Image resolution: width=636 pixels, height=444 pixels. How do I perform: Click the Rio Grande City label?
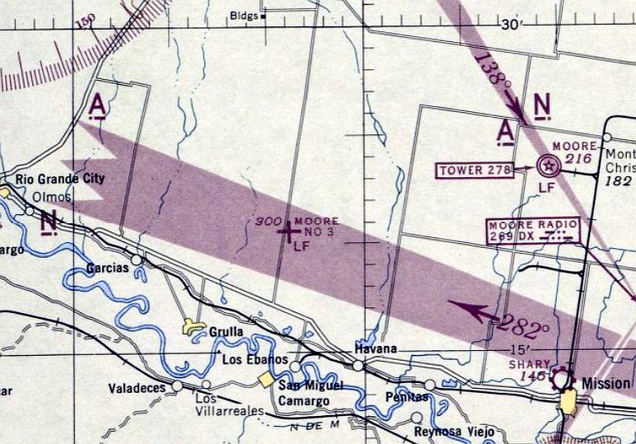click(60, 179)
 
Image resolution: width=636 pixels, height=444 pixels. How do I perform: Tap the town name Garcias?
click(107, 268)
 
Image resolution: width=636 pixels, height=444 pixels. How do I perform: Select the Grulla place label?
click(226, 331)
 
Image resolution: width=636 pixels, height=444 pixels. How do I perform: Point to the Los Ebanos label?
click(255, 360)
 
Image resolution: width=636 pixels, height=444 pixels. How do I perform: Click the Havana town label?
click(375, 349)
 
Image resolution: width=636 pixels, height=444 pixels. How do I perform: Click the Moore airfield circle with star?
click(548, 166)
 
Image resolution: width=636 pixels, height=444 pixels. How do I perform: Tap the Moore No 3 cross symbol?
click(287, 232)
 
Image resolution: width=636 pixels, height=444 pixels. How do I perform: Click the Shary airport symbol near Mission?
click(562, 379)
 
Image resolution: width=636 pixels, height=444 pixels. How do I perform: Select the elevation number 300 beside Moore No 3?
click(267, 222)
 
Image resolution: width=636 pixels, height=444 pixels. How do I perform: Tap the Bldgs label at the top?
click(243, 15)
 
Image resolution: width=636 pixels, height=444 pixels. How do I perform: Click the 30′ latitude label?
click(511, 25)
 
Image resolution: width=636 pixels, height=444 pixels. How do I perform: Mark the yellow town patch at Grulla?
click(195, 328)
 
